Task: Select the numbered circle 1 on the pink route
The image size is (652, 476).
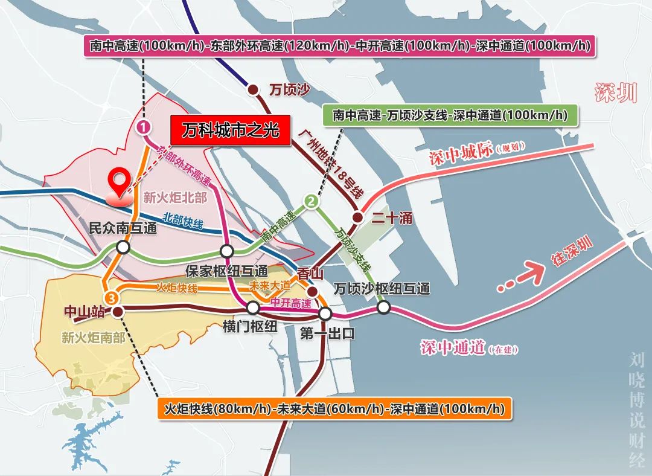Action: pos(144,127)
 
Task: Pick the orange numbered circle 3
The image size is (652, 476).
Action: pos(112,298)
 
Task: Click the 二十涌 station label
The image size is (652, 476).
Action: pos(391,218)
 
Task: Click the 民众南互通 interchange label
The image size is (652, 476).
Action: pos(123,229)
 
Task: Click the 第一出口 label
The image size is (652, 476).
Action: pos(326,333)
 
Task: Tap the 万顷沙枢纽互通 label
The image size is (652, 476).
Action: pos(382,288)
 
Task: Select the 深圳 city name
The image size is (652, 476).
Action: pos(615,94)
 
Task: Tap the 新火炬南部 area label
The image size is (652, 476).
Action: pos(93,338)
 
